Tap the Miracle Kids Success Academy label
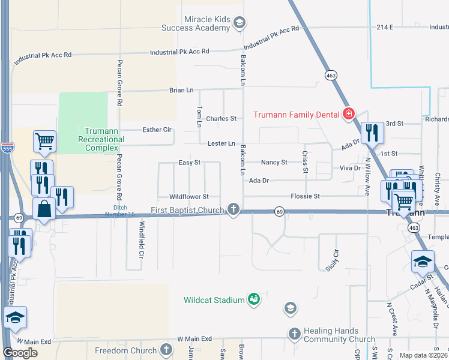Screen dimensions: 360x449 [196, 23]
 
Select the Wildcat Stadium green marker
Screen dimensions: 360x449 [254, 299]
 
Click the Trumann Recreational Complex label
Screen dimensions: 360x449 [104, 139]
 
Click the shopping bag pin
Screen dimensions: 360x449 [44, 209]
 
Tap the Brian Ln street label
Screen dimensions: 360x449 [181, 90]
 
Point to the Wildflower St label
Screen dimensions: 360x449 [188, 196]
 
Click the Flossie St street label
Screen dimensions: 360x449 [306, 196]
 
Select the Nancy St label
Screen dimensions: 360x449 [274, 163]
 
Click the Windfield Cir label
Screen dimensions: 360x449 [142, 239]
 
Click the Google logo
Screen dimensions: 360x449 [20, 353]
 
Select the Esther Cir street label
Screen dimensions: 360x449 [157, 130]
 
